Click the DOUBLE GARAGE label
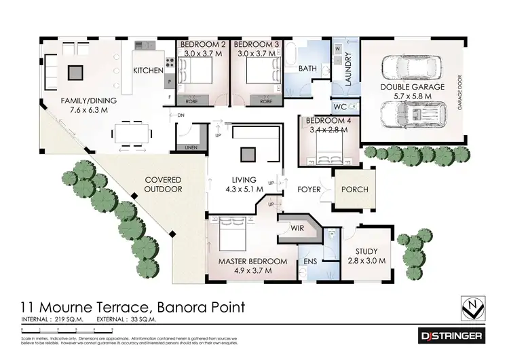[413, 87]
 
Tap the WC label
[339, 107]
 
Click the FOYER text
[309, 190]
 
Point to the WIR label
[298, 229]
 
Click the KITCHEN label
[147, 70]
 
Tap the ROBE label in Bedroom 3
[265, 101]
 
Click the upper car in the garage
[413, 65]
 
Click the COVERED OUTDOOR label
[163, 185]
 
